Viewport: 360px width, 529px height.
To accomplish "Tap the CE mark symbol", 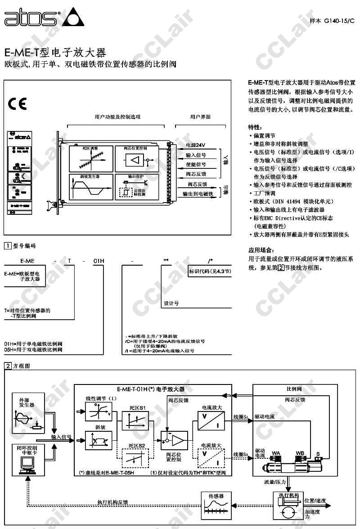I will pyautogui.click(x=17, y=104).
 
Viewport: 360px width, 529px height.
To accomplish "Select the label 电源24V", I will pyautogui.click(x=195, y=145).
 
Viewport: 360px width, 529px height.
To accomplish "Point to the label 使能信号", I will pyautogui.click(x=196, y=164).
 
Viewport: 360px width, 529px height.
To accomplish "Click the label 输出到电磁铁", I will pyautogui.click(x=198, y=194).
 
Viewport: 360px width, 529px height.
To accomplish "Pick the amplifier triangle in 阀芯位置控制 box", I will pyautogui.click(x=134, y=160).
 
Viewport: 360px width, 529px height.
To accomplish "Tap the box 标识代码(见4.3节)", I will pyautogui.click(x=210, y=271).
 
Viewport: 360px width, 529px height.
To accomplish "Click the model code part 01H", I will pyautogui.click(x=99, y=261).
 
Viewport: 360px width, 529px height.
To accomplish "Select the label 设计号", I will pyautogui.click(x=171, y=303).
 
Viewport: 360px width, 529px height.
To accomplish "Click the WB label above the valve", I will pyautogui.click(x=300, y=452).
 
